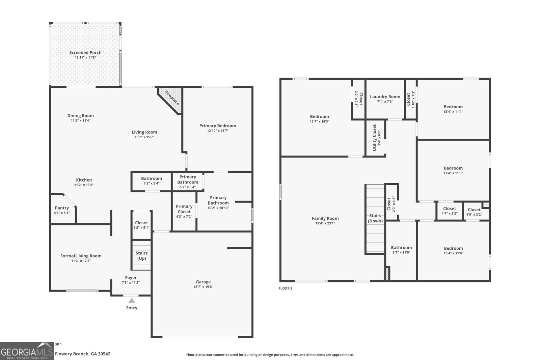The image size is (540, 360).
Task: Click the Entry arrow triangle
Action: pyautogui.click(x=132, y=300)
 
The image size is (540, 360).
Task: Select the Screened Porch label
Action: pyautogui.click(x=85, y=53)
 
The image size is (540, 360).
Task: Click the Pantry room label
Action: pyautogui.click(x=62, y=208)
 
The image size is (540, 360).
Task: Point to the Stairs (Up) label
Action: pyautogui.click(x=141, y=255)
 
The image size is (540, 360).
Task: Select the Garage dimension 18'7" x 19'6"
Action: pyautogui.click(x=203, y=287)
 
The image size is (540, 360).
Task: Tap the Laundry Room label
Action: pyautogui.click(x=385, y=96)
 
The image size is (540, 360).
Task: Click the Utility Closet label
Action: pyautogui.click(x=374, y=138)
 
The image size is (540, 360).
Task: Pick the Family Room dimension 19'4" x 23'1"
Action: pyautogui.click(x=325, y=223)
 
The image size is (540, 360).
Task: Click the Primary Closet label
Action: pyautogui.click(x=184, y=209)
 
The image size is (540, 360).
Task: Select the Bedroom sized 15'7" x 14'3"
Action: pyautogui.click(x=319, y=116)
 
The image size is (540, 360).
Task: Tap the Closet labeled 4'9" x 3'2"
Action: pyautogui.click(x=474, y=210)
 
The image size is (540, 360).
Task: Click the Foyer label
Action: pyautogui.click(x=131, y=278)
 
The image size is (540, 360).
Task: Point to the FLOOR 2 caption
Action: pyautogui.click(x=285, y=288)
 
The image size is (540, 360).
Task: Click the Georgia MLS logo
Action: pyautogui.click(x=27, y=351)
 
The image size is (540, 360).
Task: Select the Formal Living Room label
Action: pyautogui.click(x=81, y=256)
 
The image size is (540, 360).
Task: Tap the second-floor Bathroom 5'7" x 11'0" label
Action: pyautogui.click(x=401, y=247)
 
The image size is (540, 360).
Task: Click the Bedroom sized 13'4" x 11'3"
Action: pyautogui.click(x=453, y=168)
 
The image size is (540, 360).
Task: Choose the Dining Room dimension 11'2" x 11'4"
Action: pyautogui.click(x=80, y=120)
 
